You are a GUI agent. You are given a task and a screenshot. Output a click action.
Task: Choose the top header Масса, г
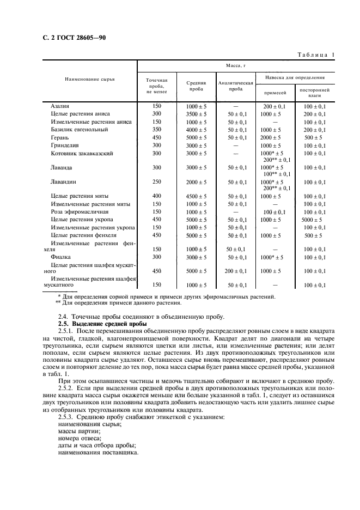tap(236, 66)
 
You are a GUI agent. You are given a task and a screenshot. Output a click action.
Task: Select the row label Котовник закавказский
tap(82, 154)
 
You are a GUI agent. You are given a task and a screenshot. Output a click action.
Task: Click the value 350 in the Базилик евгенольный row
tap(157, 130)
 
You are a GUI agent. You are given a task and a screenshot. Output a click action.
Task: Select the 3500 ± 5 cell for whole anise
tap(196, 114)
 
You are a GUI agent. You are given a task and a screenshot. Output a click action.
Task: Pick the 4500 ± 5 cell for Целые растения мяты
tap(196, 196)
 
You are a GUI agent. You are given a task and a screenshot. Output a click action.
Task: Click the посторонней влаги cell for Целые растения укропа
tap(315, 220)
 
